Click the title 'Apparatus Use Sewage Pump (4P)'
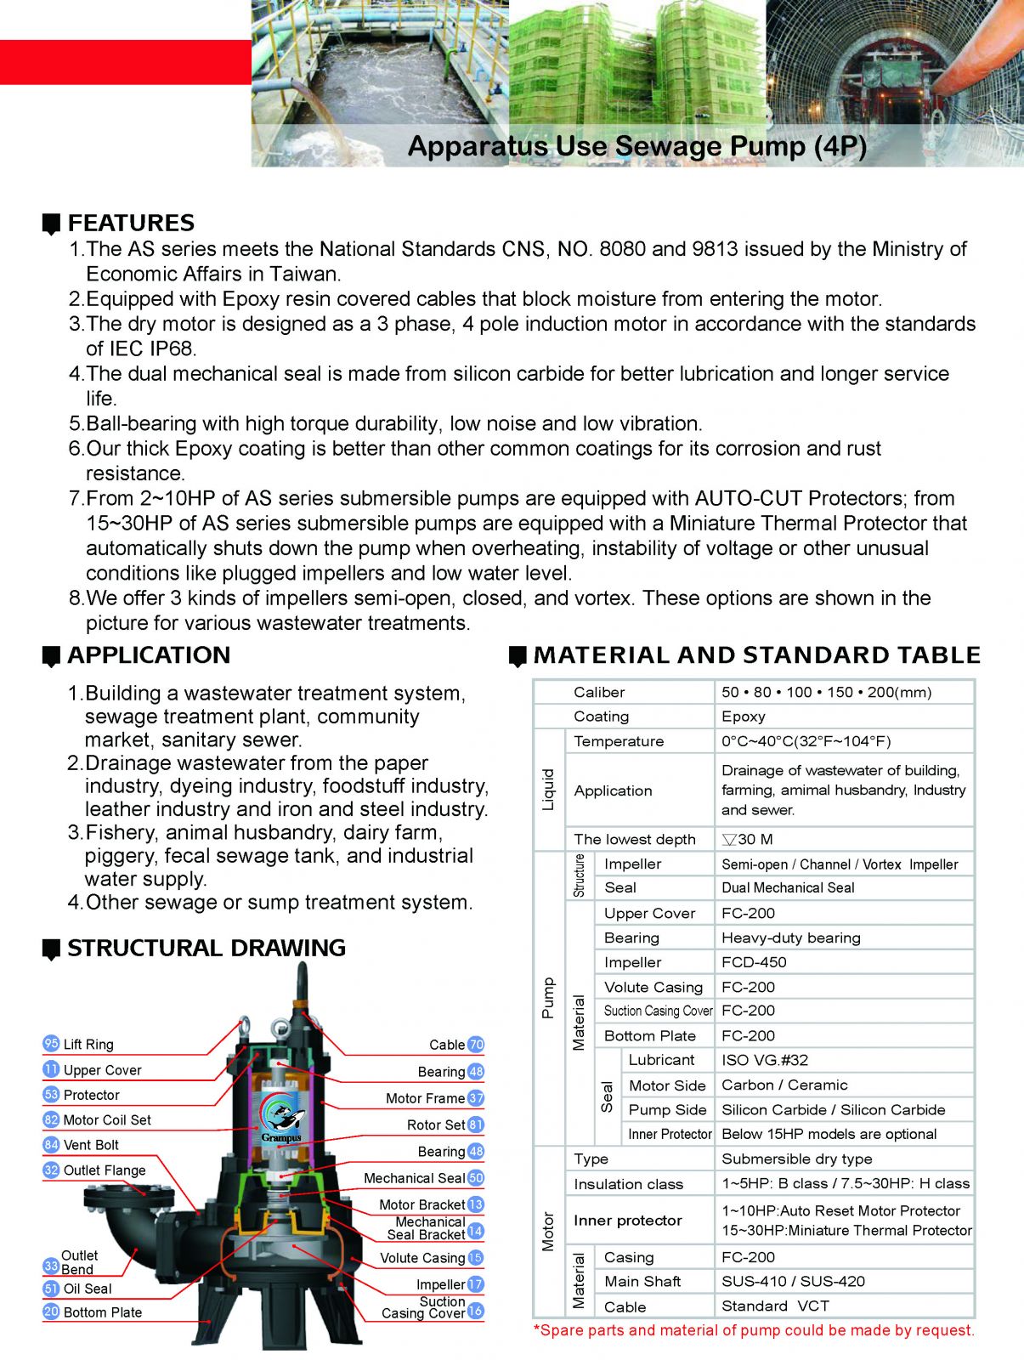(636, 146)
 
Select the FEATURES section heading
(131, 223)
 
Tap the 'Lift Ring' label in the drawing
(88, 1045)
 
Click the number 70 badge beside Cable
(476, 1045)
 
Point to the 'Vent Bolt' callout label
(91, 1145)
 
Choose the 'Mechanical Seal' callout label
(414, 1178)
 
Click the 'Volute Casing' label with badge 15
(422, 1258)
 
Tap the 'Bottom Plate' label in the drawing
(102, 1312)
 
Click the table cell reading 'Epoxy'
(744, 717)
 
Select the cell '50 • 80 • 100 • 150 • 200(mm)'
(826, 692)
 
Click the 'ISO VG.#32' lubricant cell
(765, 1060)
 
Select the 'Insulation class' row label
(628, 1184)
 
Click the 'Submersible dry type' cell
(796, 1159)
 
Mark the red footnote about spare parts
(754, 1330)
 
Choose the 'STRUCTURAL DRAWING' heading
(206, 948)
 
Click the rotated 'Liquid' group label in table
(548, 790)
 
